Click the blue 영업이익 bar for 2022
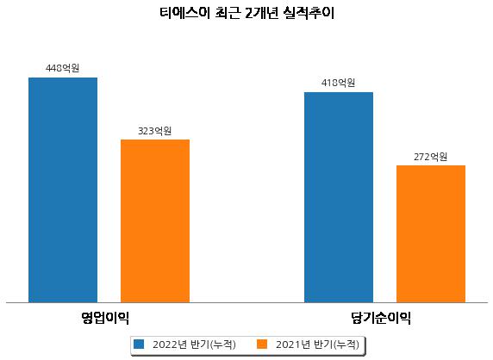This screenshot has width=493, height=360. click(x=63, y=190)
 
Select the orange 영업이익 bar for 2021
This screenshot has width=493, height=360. click(x=155, y=221)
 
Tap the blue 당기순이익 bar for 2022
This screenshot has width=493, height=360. click(x=339, y=197)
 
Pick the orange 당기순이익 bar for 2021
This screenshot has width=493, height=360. click(x=431, y=234)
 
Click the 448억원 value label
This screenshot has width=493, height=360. click(x=62, y=68)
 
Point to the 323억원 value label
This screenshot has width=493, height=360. click(x=154, y=131)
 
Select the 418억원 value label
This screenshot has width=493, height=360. click(x=339, y=83)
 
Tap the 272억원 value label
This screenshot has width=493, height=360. click(x=430, y=157)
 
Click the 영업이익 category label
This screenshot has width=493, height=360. click(x=105, y=318)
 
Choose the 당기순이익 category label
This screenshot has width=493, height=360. click(x=381, y=318)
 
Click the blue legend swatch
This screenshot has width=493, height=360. click(x=139, y=344)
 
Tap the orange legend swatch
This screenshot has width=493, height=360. click(x=262, y=344)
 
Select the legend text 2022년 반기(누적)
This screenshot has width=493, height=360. click(x=194, y=344)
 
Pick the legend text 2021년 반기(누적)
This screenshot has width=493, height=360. click(x=317, y=344)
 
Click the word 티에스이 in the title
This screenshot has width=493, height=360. click(x=184, y=13)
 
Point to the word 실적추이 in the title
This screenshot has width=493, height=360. click(x=309, y=13)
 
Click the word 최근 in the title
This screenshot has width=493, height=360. click(x=228, y=13)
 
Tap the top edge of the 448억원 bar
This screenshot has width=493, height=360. click(x=63, y=78)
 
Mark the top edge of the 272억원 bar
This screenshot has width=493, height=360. click(x=431, y=165)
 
